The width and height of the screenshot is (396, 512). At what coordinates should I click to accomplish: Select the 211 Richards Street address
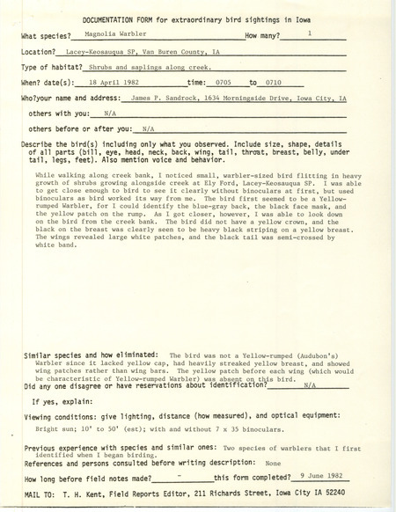pos(218,488)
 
